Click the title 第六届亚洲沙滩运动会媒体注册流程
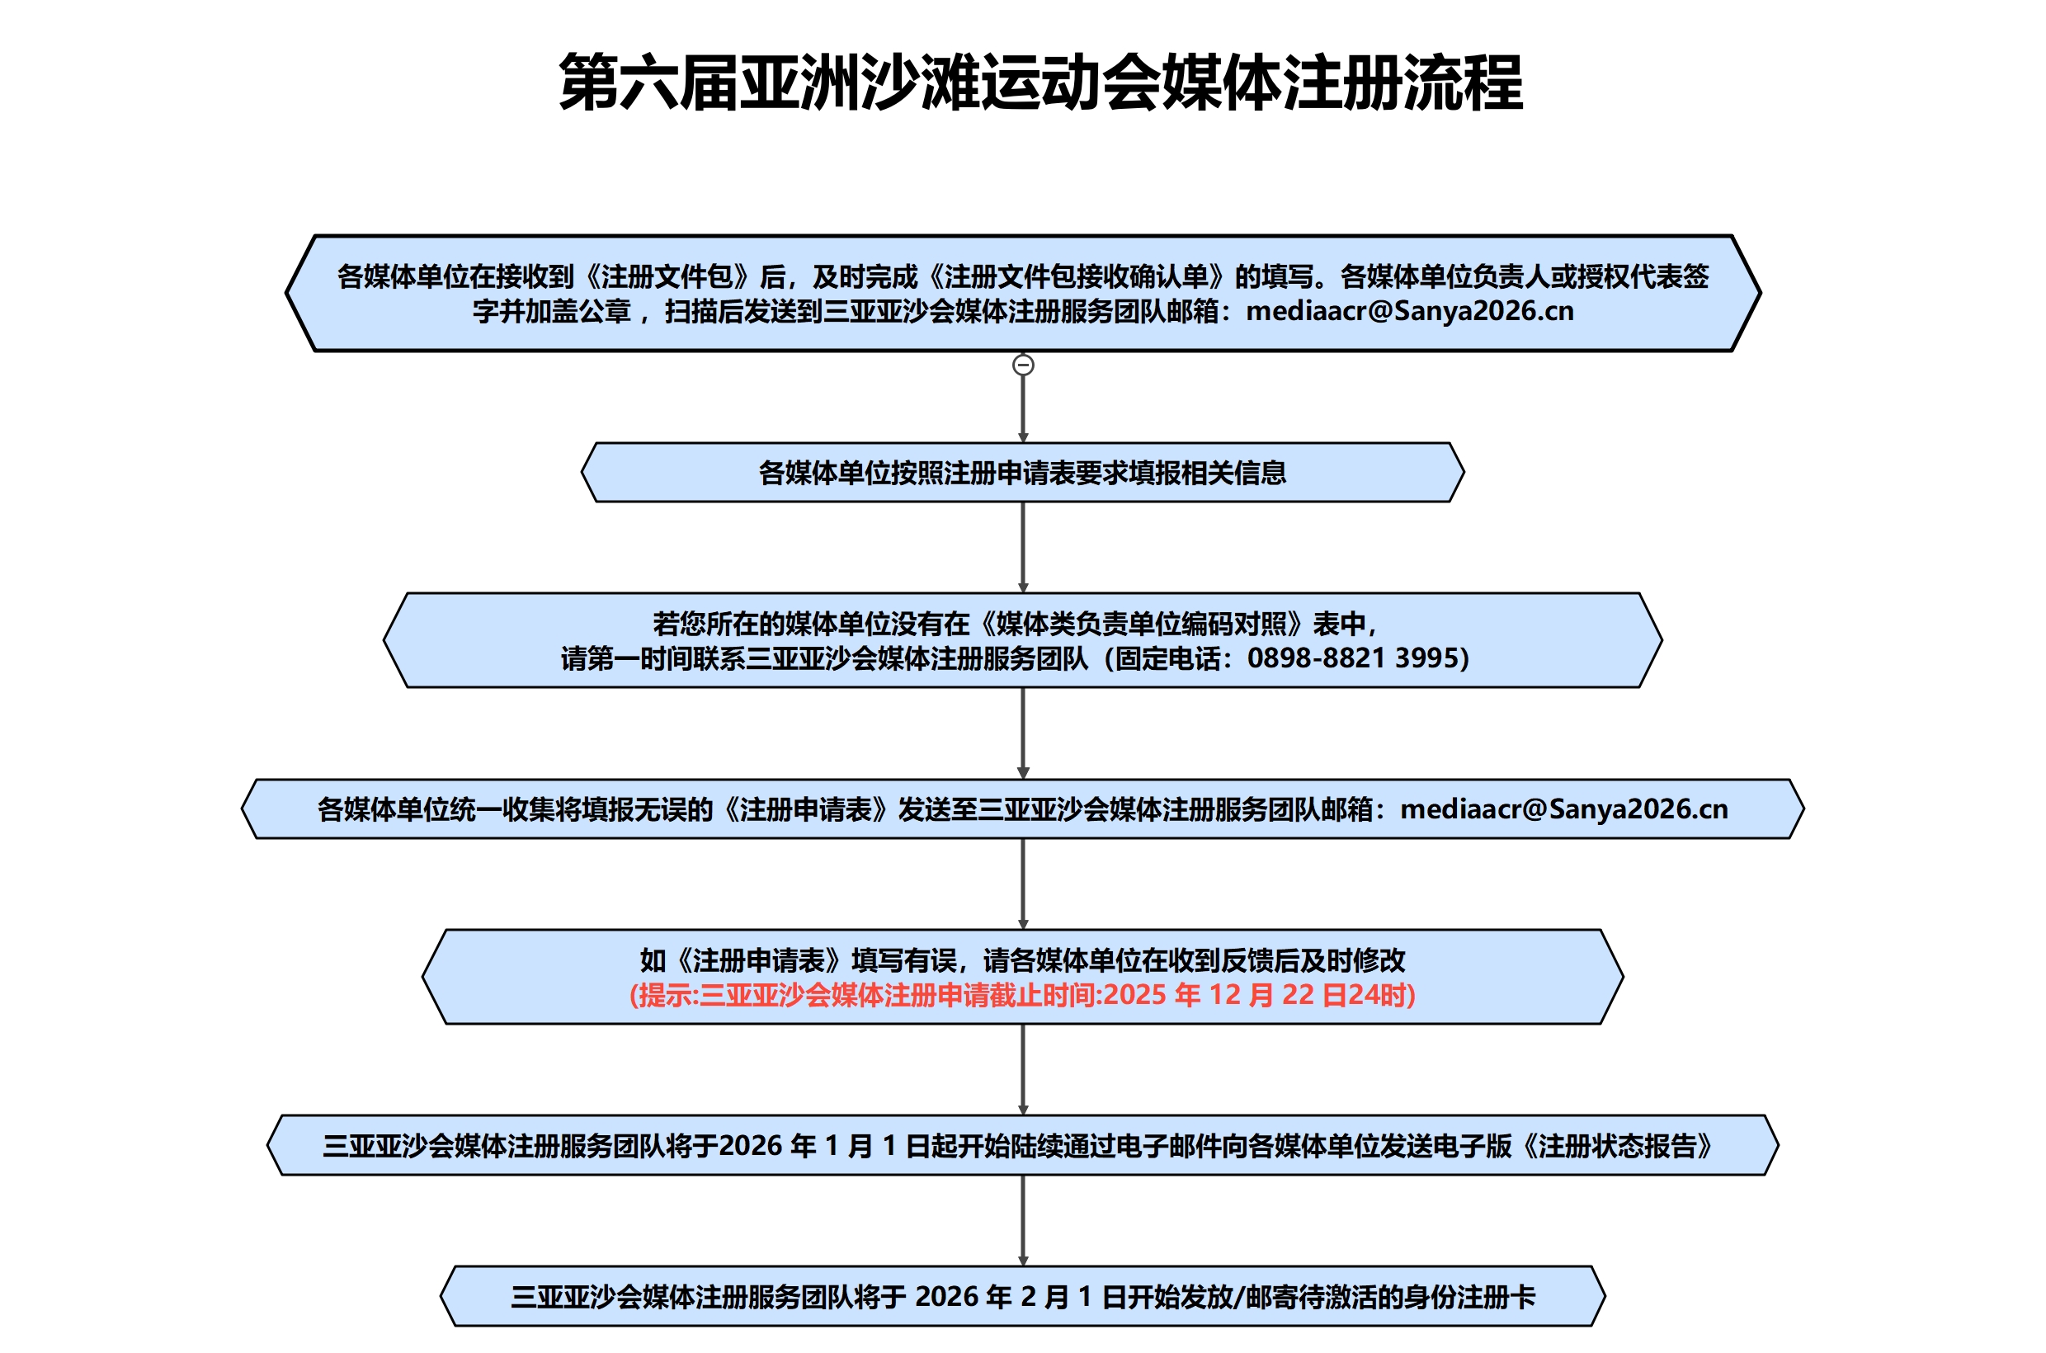pos(1039,82)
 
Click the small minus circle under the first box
pos(1022,365)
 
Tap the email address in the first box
pos(1409,312)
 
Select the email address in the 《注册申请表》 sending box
pos(1563,809)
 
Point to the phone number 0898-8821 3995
pos(1356,658)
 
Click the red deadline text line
pos(1022,995)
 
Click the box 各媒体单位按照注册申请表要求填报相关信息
pos(1022,473)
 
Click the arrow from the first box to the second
pos(1022,406)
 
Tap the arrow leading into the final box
pos(1022,1220)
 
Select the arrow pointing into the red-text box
pos(1022,884)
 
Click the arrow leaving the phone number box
pos(1022,733)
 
